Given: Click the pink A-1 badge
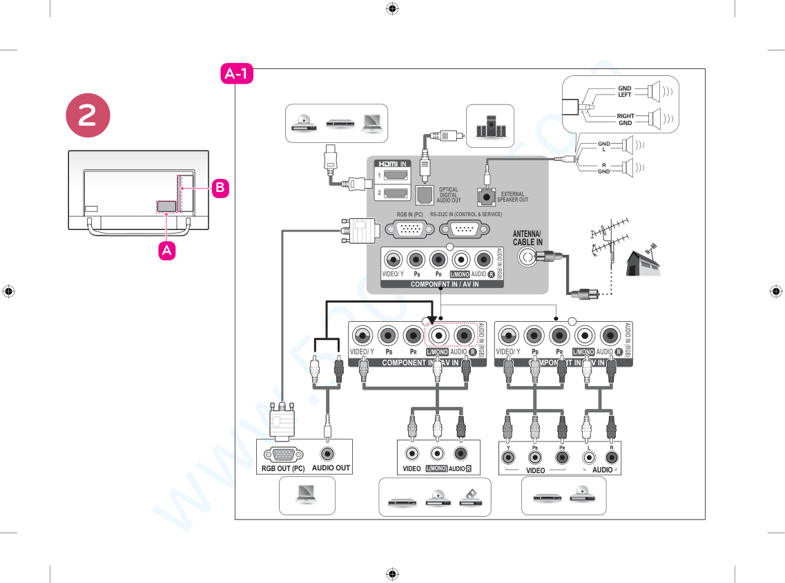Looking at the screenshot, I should (237, 74).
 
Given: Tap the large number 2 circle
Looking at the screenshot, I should (88, 115).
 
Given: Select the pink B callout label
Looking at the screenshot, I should (220, 187).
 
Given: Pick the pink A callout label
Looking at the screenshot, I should (166, 251).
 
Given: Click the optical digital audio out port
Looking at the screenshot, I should (424, 195).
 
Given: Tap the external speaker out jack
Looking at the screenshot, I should (488, 197).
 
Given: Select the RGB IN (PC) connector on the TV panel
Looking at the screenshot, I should (409, 230).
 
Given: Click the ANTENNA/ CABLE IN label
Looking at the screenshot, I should (527, 238).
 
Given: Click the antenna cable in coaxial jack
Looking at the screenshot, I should (529, 258).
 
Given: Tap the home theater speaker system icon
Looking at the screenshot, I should (490, 126).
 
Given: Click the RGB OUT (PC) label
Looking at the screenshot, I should (282, 468).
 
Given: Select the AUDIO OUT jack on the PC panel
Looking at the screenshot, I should (328, 454).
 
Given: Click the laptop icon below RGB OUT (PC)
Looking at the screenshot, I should (307, 494).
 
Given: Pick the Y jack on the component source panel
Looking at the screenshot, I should (508, 457).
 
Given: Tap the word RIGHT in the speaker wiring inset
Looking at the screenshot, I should (626, 116).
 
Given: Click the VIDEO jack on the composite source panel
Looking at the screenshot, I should (411, 454).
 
